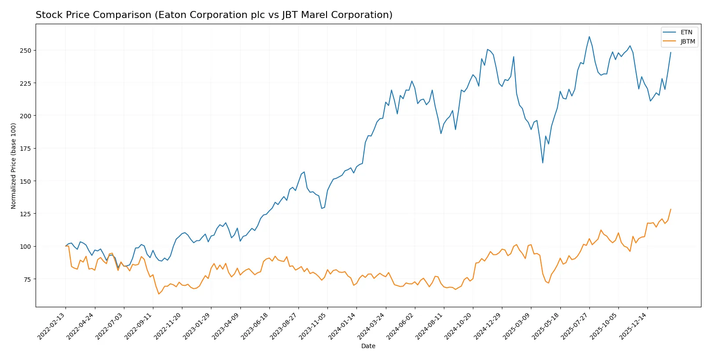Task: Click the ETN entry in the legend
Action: tap(686, 32)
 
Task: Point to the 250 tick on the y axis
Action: tap(25, 51)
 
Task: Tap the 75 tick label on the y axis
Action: tap(27, 279)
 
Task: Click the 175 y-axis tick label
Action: tap(25, 149)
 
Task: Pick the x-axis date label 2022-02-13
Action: tap(52, 326)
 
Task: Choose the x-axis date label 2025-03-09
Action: tap(517, 326)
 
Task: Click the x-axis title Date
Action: tap(368, 346)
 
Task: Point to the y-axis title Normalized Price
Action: tap(13, 166)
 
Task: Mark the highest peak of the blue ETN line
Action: tap(589, 36)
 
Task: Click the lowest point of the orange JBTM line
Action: tap(159, 294)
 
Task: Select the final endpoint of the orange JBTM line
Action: tap(671, 209)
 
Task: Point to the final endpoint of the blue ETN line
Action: tap(671, 52)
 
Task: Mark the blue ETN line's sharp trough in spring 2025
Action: tap(543, 163)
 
